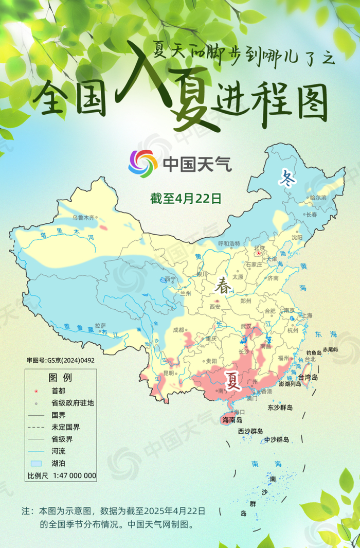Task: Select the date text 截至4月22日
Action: point(186,198)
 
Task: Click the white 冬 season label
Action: point(287,179)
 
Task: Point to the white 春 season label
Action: point(222,285)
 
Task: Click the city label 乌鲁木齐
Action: point(83,218)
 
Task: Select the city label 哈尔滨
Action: point(318,198)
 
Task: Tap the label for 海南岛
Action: point(232,420)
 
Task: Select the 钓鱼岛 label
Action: point(314,353)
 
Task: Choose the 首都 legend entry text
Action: point(58,391)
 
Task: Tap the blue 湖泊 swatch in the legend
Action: point(35,464)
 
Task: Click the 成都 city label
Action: point(178,330)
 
